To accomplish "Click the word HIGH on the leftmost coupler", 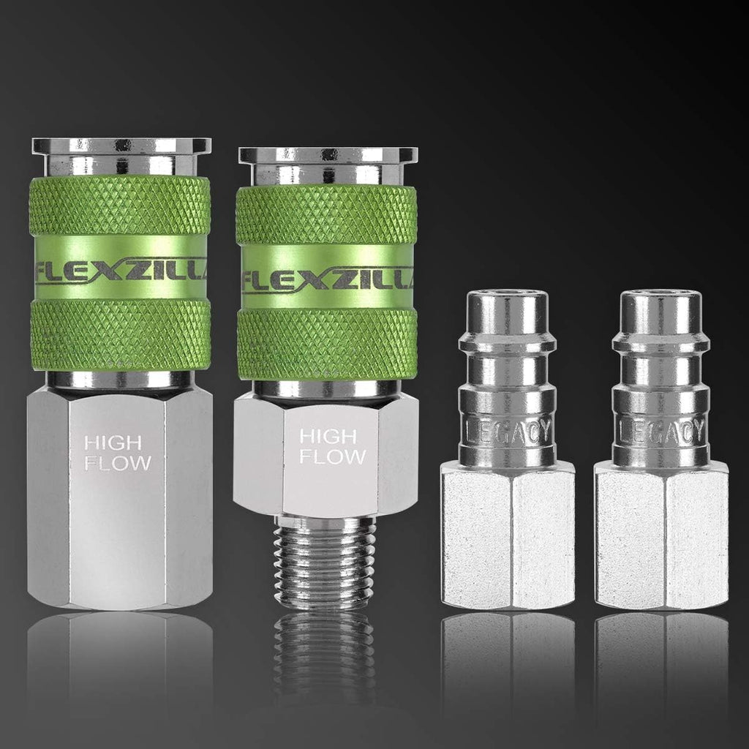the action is pos(113,443).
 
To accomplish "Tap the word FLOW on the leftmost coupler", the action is pos(118,462).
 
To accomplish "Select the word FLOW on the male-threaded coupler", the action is pos(333,456).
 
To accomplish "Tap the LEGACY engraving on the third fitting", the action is pos(508,431).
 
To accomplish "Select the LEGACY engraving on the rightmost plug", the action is pos(661,431).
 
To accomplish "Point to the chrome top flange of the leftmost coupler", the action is pos(121,146).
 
